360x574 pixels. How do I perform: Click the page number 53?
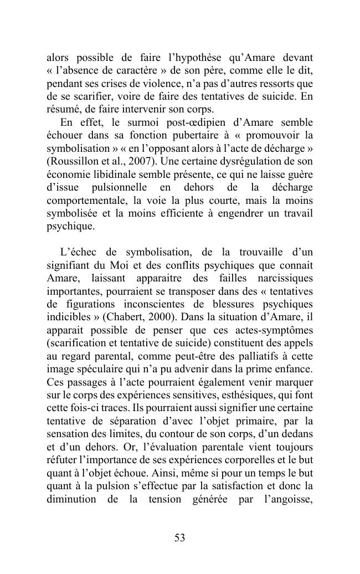pyautogui.click(x=179, y=537)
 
